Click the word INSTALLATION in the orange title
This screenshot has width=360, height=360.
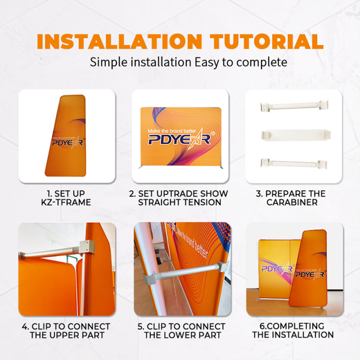(x=119, y=41)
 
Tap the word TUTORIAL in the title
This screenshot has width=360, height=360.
(x=267, y=41)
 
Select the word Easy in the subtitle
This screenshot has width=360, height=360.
(x=207, y=62)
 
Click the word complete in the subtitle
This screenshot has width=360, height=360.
(x=262, y=62)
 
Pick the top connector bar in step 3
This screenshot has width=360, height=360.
(x=294, y=106)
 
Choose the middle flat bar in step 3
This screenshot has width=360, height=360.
(x=296, y=135)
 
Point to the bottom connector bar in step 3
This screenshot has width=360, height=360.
(x=294, y=164)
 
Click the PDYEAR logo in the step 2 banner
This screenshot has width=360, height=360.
(x=179, y=139)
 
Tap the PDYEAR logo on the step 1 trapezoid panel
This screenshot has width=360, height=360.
(x=67, y=143)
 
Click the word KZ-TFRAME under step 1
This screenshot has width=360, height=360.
(x=66, y=202)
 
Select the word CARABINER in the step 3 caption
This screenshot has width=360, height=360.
(x=292, y=202)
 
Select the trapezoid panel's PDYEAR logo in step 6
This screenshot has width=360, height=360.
(x=310, y=274)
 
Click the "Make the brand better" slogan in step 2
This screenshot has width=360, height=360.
(x=172, y=131)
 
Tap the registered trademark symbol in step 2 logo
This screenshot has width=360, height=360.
(x=213, y=133)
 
